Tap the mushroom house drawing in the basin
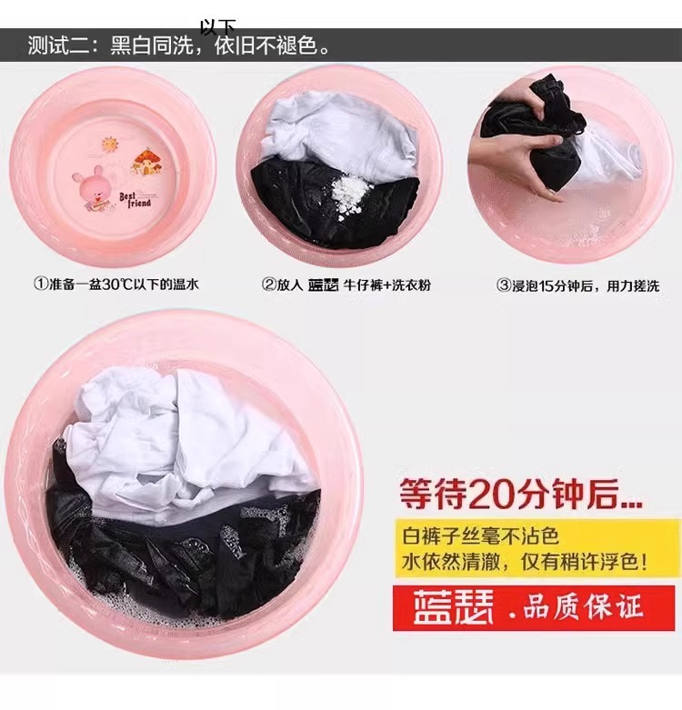[x=146, y=162]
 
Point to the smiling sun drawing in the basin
[x=109, y=145]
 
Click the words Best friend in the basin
[x=135, y=200]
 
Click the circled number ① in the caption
[x=41, y=285]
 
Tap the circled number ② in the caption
[x=268, y=285]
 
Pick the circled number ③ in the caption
[x=504, y=285]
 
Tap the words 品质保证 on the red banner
[x=583, y=607]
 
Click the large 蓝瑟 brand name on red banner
[x=453, y=606]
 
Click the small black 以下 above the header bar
[x=218, y=26]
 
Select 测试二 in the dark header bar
[x=58, y=45]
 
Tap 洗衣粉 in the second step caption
[x=411, y=285]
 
